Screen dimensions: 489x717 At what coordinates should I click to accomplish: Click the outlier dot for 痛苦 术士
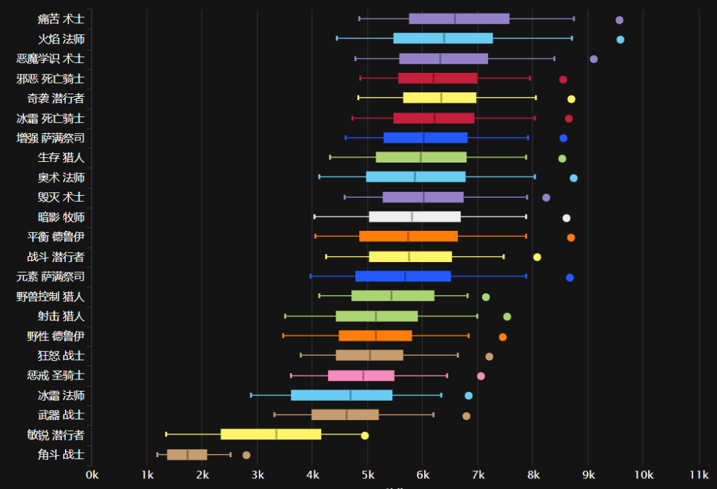619,20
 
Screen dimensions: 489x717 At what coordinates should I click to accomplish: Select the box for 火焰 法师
443,38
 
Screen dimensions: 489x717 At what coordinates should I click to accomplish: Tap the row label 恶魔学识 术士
50,59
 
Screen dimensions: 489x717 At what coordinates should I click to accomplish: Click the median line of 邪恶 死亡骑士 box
434,78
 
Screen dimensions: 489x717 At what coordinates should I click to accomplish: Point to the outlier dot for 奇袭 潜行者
571,99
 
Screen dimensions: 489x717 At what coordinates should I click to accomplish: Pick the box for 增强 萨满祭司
426,138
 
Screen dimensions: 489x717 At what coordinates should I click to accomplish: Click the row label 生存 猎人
61,158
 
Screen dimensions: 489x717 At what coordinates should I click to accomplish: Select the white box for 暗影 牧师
415,217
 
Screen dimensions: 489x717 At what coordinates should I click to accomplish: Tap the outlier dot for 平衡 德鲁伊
571,238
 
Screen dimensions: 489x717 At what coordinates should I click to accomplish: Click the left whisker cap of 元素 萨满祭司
311,276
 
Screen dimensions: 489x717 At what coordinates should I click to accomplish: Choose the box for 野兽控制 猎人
393,296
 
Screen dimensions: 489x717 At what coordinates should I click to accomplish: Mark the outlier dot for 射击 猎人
507,316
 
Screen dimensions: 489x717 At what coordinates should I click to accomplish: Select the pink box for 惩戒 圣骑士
361,376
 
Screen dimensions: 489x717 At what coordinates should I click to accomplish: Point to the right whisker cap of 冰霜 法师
441,395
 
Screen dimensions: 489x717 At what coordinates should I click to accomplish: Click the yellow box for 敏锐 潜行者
271,435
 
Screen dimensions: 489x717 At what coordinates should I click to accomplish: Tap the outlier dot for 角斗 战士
246,455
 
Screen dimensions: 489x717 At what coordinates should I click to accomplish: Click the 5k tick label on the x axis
368,475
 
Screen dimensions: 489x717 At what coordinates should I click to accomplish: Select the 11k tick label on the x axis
699,475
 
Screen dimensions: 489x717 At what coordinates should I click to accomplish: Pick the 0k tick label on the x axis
92,475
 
